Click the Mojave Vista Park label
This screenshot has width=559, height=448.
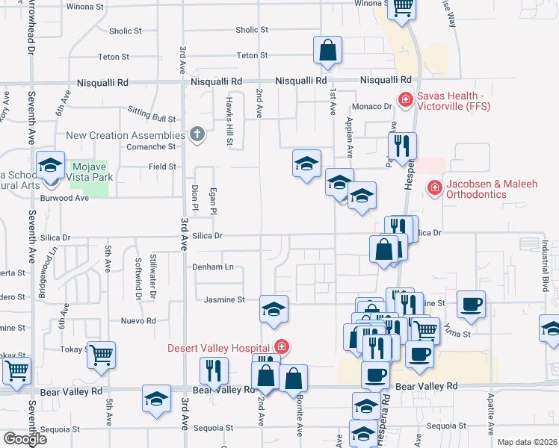[x=88, y=174]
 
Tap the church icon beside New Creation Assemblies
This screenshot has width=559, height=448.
[x=197, y=135]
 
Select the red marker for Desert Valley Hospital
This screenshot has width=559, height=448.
[x=281, y=346]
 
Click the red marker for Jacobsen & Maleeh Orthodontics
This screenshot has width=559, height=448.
[x=433, y=189]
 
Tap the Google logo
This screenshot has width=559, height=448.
[x=24, y=439]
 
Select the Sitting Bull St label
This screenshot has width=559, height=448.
[x=152, y=118]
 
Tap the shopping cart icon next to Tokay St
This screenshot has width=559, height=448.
[x=101, y=355]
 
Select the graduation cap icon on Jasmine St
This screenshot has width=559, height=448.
[x=274, y=309]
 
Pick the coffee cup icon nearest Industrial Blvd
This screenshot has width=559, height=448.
[x=471, y=304]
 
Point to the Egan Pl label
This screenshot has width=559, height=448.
[x=213, y=201]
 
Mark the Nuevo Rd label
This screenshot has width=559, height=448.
[x=140, y=321]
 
